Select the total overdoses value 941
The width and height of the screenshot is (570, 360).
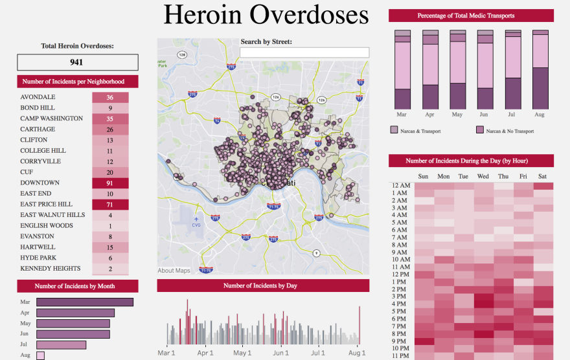click(x=78, y=63)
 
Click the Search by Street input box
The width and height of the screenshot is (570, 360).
click(x=304, y=52)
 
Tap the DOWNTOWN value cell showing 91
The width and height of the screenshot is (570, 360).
click(x=110, y=183)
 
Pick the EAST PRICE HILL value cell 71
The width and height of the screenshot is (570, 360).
click(x=110, y=205)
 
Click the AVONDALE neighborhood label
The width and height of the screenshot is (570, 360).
click(x=38, y=97)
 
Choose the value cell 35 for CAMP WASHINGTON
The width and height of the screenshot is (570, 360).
click(x=110, y=119)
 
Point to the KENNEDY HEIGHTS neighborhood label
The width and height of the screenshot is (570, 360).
click(x=51, y=269)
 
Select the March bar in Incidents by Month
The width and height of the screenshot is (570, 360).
click(x=85, y=302)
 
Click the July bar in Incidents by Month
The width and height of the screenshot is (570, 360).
click(x=61, y=345)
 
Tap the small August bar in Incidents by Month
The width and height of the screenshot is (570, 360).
click(x=40, y=355)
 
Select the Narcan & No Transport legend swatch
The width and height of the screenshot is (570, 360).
click(x=480, y=131)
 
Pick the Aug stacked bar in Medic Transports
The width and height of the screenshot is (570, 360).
click(x=540, y=69)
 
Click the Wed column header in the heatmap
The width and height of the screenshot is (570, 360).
click(x=483, y=176)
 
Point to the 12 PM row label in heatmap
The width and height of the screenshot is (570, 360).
click(x=400, y=274)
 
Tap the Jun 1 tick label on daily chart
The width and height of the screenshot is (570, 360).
click(x=280, y=353)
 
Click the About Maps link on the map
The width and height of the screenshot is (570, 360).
click(x=174, y=271)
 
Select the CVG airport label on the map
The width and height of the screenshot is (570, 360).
click(x=196, y=226)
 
